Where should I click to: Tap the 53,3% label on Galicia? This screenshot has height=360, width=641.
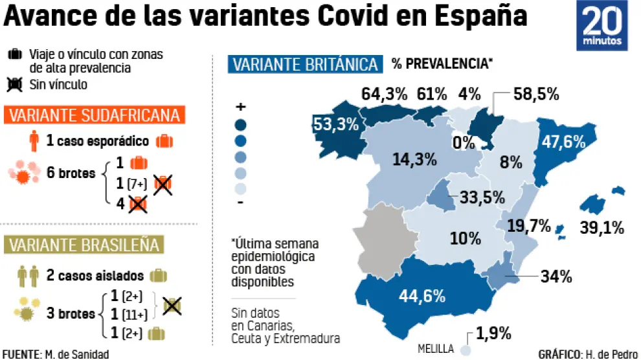335,124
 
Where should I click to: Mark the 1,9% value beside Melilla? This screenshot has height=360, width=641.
493,334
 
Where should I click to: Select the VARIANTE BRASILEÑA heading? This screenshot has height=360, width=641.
83,245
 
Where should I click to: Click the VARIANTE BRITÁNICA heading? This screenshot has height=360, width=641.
304,65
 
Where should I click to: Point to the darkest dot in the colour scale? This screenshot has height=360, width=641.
241,125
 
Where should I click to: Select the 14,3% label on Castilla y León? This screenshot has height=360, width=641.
413,159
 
